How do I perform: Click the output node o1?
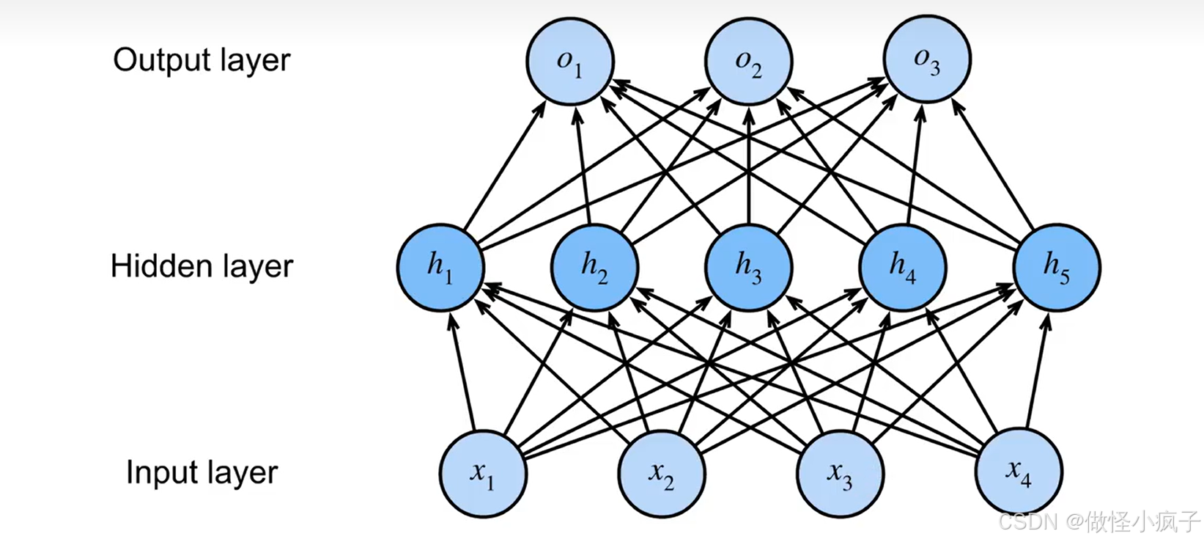click(x=569, y=61)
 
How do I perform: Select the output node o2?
click(x=748, y=61)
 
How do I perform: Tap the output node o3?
click(x=927, y=61)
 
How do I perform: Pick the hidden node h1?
click(x=440, y=267)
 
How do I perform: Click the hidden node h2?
click(x=594, y=267)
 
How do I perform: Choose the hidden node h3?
click(x=748, y=267)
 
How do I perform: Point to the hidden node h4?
click(x=903, y=267)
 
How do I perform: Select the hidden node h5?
click(x=1057, y=267)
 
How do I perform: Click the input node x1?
click(x=482, y=473)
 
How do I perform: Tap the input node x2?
click(x=661, y=473)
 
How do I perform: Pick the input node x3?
click(x=840, y=473)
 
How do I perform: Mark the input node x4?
click(x=1019, y=473)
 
